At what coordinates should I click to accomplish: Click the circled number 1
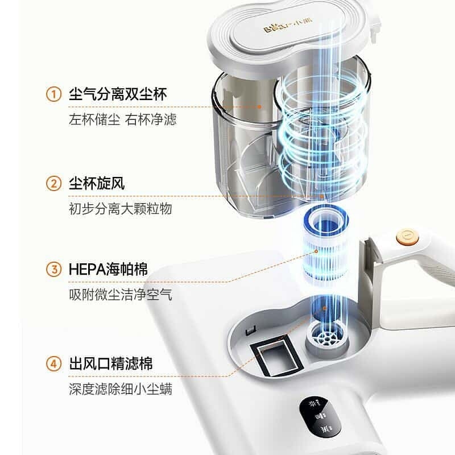coord(53,94)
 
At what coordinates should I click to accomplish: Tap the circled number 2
coord(53,183)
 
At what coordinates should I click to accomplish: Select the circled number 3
coord(53,269)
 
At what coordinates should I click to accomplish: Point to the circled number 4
coord(53,363)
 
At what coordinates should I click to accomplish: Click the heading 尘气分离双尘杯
coord(118,94)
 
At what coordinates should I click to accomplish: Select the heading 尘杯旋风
coord(97,183)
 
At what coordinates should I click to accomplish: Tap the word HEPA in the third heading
coord(87,269)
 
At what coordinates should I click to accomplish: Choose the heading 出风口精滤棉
coord(111,363)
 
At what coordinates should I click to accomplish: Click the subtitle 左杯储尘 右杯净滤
coord(122,119)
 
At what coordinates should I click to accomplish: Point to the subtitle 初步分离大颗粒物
coord(121,209)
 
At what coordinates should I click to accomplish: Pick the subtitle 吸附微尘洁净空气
coord(121,295)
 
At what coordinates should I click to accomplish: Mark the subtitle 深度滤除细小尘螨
coord(121,389)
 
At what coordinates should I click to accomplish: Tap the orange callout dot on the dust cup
coord(259,107)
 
